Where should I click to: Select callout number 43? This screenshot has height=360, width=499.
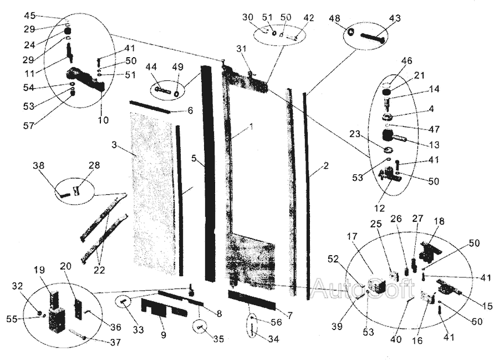pos(394,18)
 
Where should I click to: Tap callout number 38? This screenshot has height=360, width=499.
pos(38,165)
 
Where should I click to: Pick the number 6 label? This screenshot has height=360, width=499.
pos(190,110)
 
